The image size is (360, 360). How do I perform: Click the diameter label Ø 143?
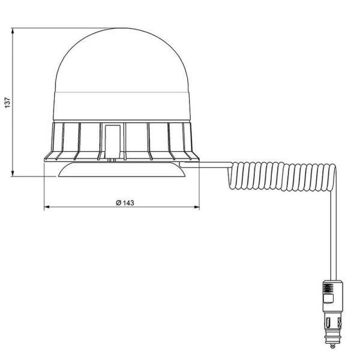123,202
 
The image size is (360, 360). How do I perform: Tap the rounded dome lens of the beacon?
122,60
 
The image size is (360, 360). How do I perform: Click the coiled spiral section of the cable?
282,174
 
